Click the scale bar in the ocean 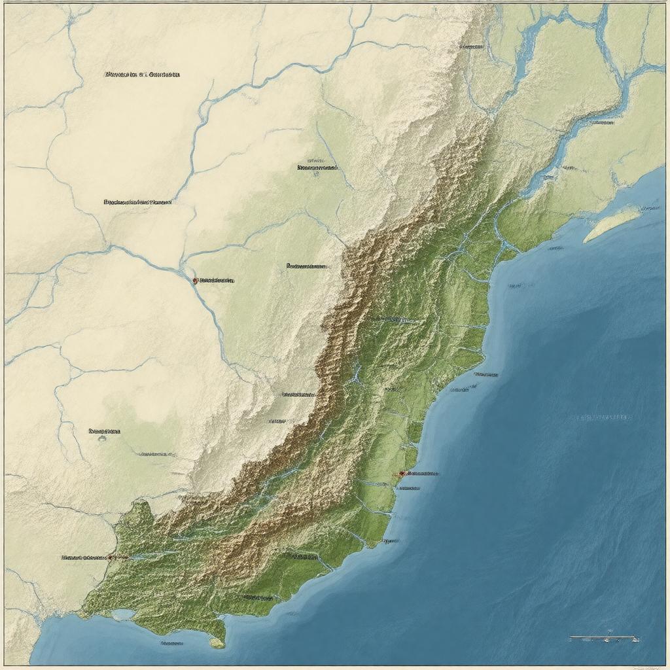coord(602,637)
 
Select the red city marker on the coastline coord(402,472)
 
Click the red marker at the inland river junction coord(195,280)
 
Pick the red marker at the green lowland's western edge coord(110,557)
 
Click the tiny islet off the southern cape coord(217,644)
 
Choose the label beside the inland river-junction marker coord(217,280)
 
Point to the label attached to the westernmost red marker coord(84,557)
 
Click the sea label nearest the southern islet coord(171,643)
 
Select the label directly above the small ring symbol coord(105,431)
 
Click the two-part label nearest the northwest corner coord(142,75)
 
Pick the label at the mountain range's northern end coord(471,47)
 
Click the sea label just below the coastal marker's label coord(410,487)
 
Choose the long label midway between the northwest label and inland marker coord(137,203)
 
